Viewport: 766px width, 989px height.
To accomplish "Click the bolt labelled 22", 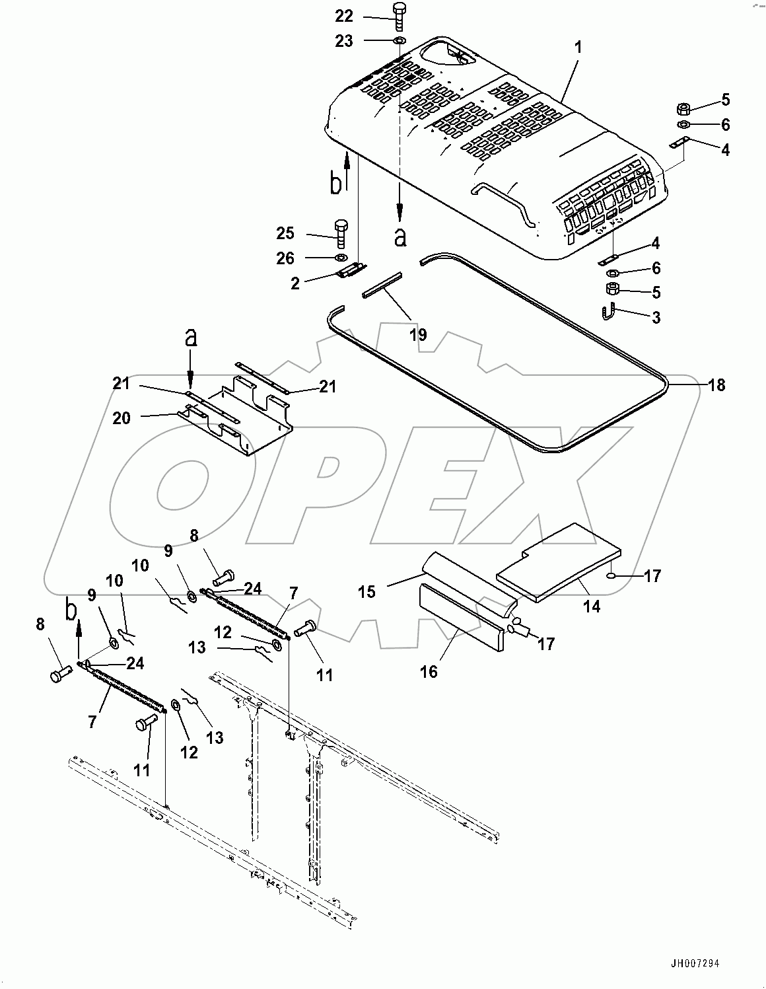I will [x=399, y=16].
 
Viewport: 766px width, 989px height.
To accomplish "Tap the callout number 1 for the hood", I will [x=578, y=48].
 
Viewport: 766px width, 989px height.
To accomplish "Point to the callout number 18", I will [x=716, y=385].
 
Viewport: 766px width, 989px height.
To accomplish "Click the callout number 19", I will [x=418, y=335].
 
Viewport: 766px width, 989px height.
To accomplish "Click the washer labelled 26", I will [x=341, y=257].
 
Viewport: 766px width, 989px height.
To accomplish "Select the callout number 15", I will [x=367, y=591].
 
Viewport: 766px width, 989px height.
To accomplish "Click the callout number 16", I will [x=429, y=672].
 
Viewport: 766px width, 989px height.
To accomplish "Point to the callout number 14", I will [x=592, y=605].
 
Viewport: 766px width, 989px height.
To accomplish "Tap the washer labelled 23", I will [x=400, y=42].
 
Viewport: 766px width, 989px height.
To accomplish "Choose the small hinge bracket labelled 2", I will [x=350, y=270].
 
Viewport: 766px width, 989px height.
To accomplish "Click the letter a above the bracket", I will [x=190, y=339].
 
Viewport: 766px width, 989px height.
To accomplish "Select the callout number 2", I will [x=295, y=283].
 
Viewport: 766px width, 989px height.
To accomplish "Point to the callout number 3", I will [x=656, y=318].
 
